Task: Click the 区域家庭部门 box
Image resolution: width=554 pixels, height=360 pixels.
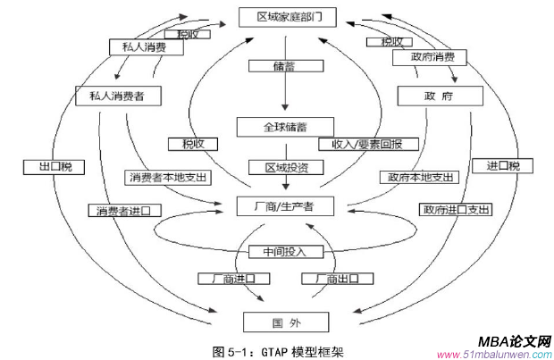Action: point(284,16)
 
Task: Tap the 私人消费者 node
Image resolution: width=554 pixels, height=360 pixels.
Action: point(112,94)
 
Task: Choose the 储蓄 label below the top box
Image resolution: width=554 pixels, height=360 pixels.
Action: point(284,65)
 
